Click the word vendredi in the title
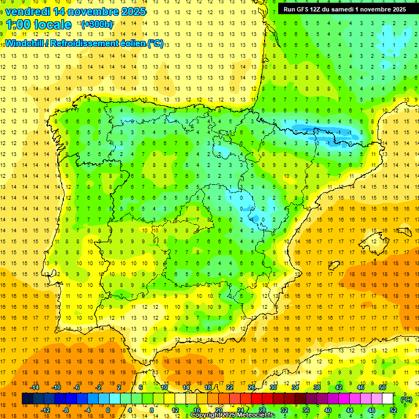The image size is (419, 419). click(x=28, y=11)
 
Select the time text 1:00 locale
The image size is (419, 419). click(x=38, y=25)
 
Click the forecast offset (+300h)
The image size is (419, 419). click(x=97, y=25)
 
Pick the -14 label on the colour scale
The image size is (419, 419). click(x=34, y=387)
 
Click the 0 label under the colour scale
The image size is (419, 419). click(x=107, y=410)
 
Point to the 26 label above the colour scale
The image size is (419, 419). click(x=251, y=387)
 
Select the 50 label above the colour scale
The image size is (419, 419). click(x=382, y=387)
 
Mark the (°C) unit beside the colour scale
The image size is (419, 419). click(x=406, y=399)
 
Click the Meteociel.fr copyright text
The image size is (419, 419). click(x=233, y=415)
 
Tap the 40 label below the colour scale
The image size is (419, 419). click(x=327, y=410)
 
